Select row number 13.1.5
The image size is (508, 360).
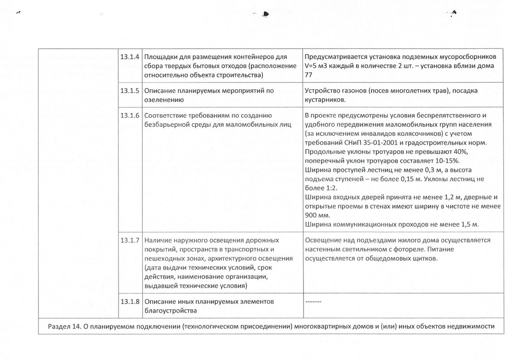tap(130, 90)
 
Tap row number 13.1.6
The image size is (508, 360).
tap(130, 115)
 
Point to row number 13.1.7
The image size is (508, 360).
tap(130, 240)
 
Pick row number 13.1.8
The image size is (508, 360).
tap(130, 302)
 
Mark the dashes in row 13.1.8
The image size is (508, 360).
tap(313, 302)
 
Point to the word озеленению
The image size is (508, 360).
tap(164, 100)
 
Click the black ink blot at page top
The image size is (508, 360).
tap(265, 14)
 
